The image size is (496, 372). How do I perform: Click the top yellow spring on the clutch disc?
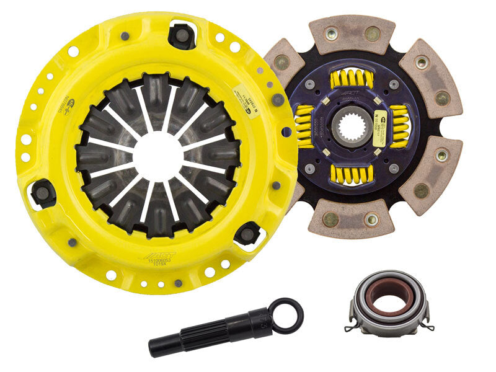point(352,79)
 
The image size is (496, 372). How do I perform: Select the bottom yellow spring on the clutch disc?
point(351,173)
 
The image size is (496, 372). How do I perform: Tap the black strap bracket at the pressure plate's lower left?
point(44,193)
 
